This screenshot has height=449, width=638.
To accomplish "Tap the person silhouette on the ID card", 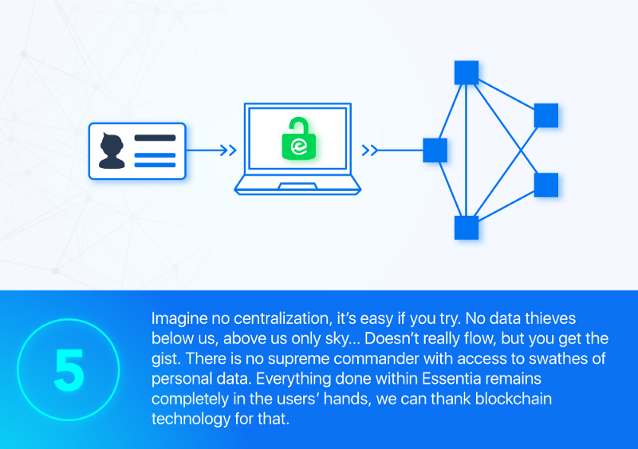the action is (112, 150).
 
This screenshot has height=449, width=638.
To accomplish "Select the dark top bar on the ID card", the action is (155, 138).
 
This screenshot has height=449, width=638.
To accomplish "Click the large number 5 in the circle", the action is (69, 369).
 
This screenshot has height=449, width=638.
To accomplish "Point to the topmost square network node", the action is (467, 72).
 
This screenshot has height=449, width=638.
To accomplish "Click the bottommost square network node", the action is (467, 228).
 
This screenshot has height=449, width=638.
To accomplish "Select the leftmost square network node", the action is (435, 150).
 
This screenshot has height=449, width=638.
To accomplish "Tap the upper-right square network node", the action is (546, 115).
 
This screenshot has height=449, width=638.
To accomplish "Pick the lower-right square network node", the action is (546, 185).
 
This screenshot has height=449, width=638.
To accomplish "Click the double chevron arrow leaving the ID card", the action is (228, 150).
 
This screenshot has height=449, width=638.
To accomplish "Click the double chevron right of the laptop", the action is (370, 150).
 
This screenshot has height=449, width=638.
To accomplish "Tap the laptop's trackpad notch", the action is (297, 186).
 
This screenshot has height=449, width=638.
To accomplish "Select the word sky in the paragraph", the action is (337, 339).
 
